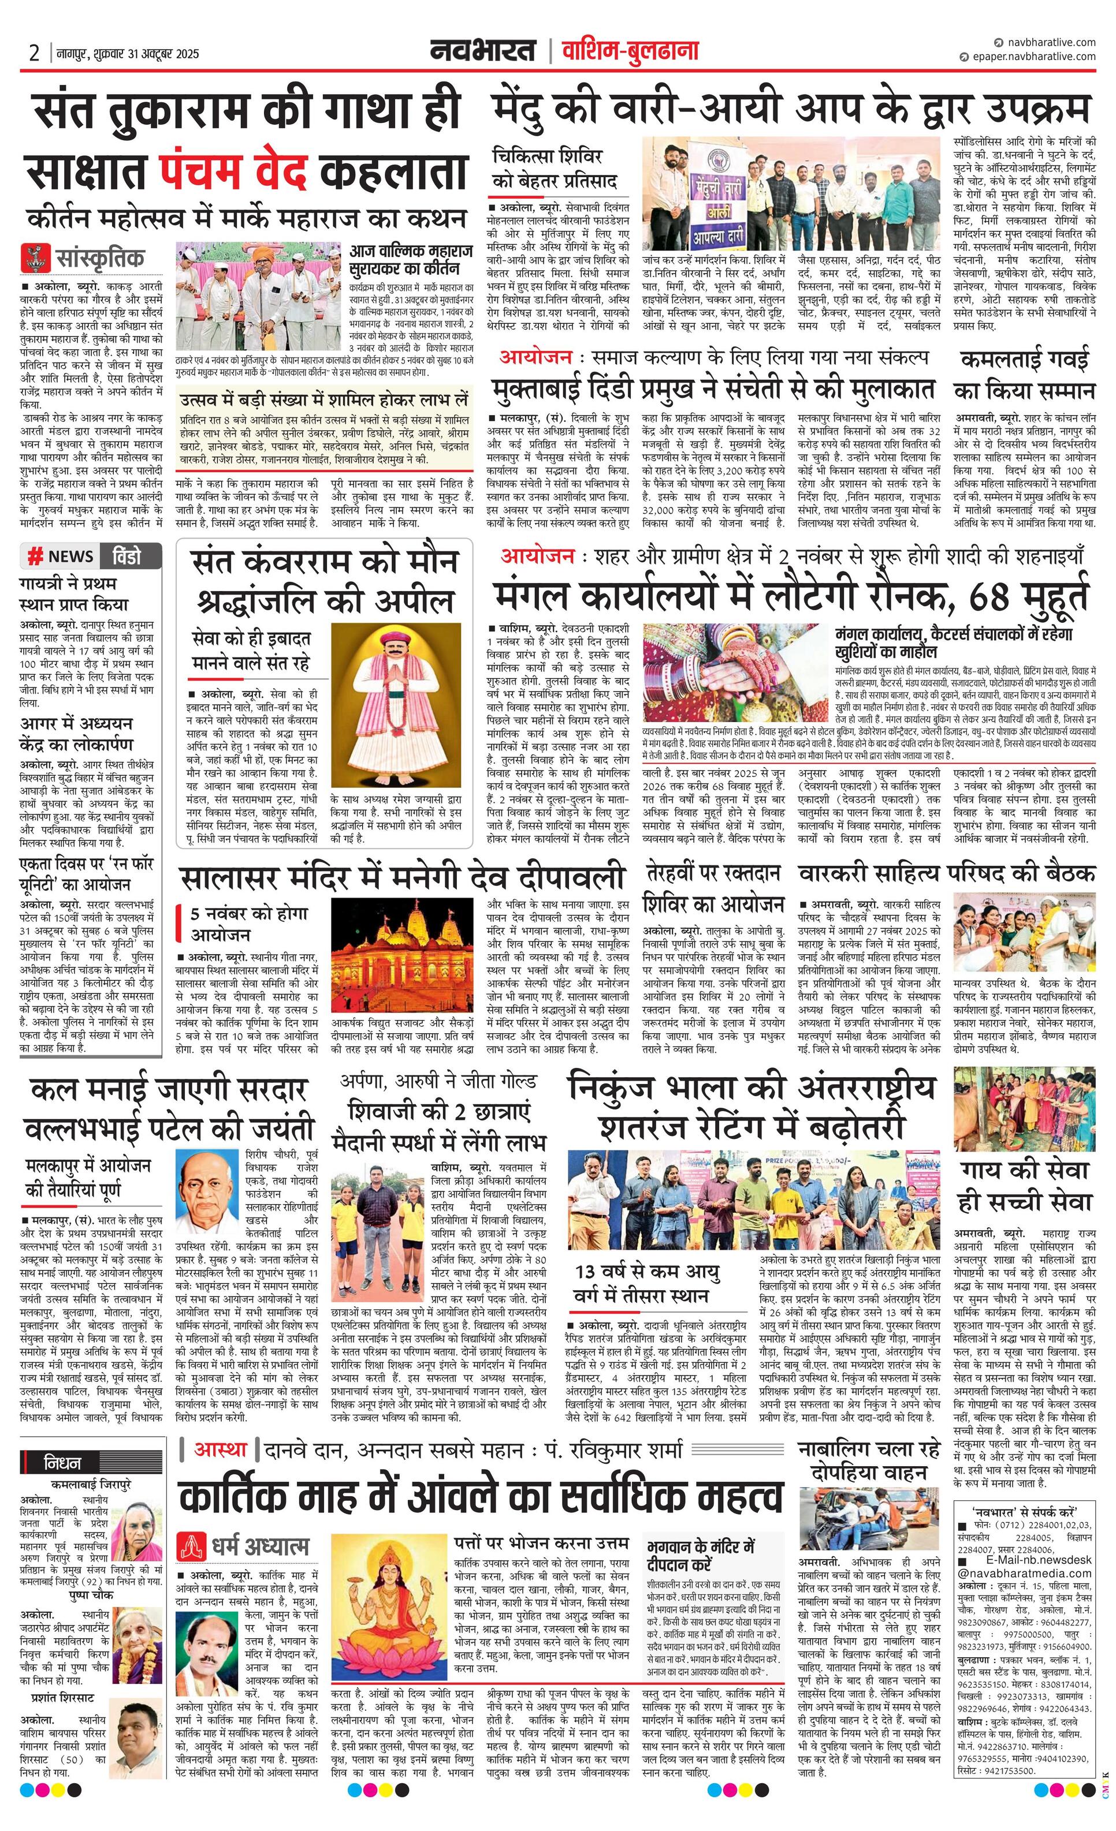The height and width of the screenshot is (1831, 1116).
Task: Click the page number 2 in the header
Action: [x=34, y=54]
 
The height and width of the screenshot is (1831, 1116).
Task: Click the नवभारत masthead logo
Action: [x=482, y=51]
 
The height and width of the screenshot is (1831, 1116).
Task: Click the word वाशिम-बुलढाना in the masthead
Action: [x=630, y=51]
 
